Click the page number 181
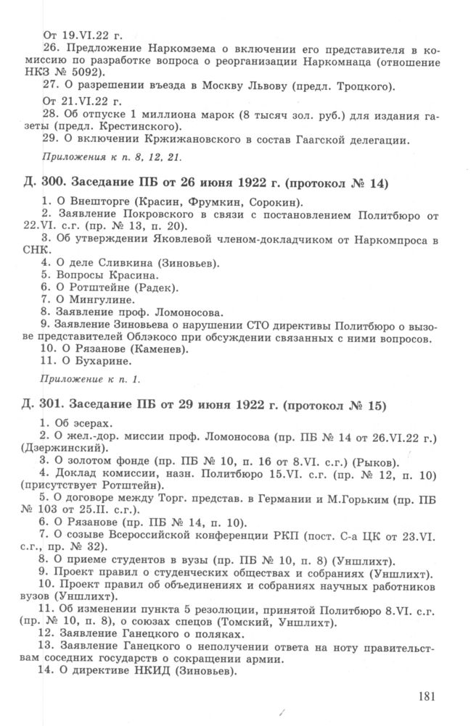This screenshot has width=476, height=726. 427,696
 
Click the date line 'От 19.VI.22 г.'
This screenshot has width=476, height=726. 75,35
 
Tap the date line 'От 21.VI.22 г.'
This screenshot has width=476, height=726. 75,100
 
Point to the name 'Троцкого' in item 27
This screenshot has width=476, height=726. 363,87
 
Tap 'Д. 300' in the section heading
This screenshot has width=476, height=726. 46,183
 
